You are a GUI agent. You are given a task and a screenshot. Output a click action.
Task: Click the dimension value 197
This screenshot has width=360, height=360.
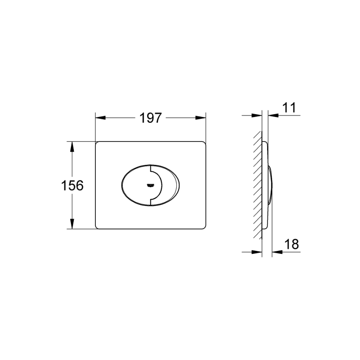150,118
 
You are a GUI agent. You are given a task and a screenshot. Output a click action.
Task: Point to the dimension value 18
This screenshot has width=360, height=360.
292,244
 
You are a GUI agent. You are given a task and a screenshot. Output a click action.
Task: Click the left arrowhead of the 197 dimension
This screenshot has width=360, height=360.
100,118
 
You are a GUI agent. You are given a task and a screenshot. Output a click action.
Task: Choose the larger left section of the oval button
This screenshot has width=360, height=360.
135,185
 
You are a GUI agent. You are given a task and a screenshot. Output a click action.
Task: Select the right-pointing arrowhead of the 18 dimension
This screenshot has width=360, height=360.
258,251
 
